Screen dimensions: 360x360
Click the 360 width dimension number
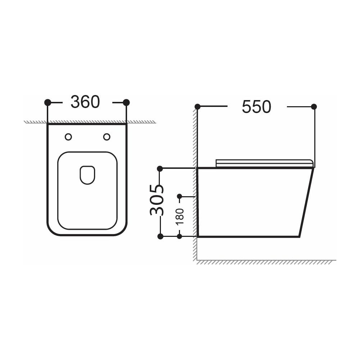pos(85,102)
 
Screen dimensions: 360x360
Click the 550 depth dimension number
pos(256,107)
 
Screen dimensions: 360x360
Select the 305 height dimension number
pos(157,200)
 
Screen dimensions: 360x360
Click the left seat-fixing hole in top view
pos(68,137)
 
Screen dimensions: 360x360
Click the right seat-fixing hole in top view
pos(107,137)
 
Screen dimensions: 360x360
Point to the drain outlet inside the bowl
pos(87,175)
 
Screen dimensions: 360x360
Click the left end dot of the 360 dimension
pos(48,102)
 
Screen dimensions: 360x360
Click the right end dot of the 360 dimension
pos(126,102)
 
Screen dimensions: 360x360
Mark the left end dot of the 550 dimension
pos(197,107)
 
